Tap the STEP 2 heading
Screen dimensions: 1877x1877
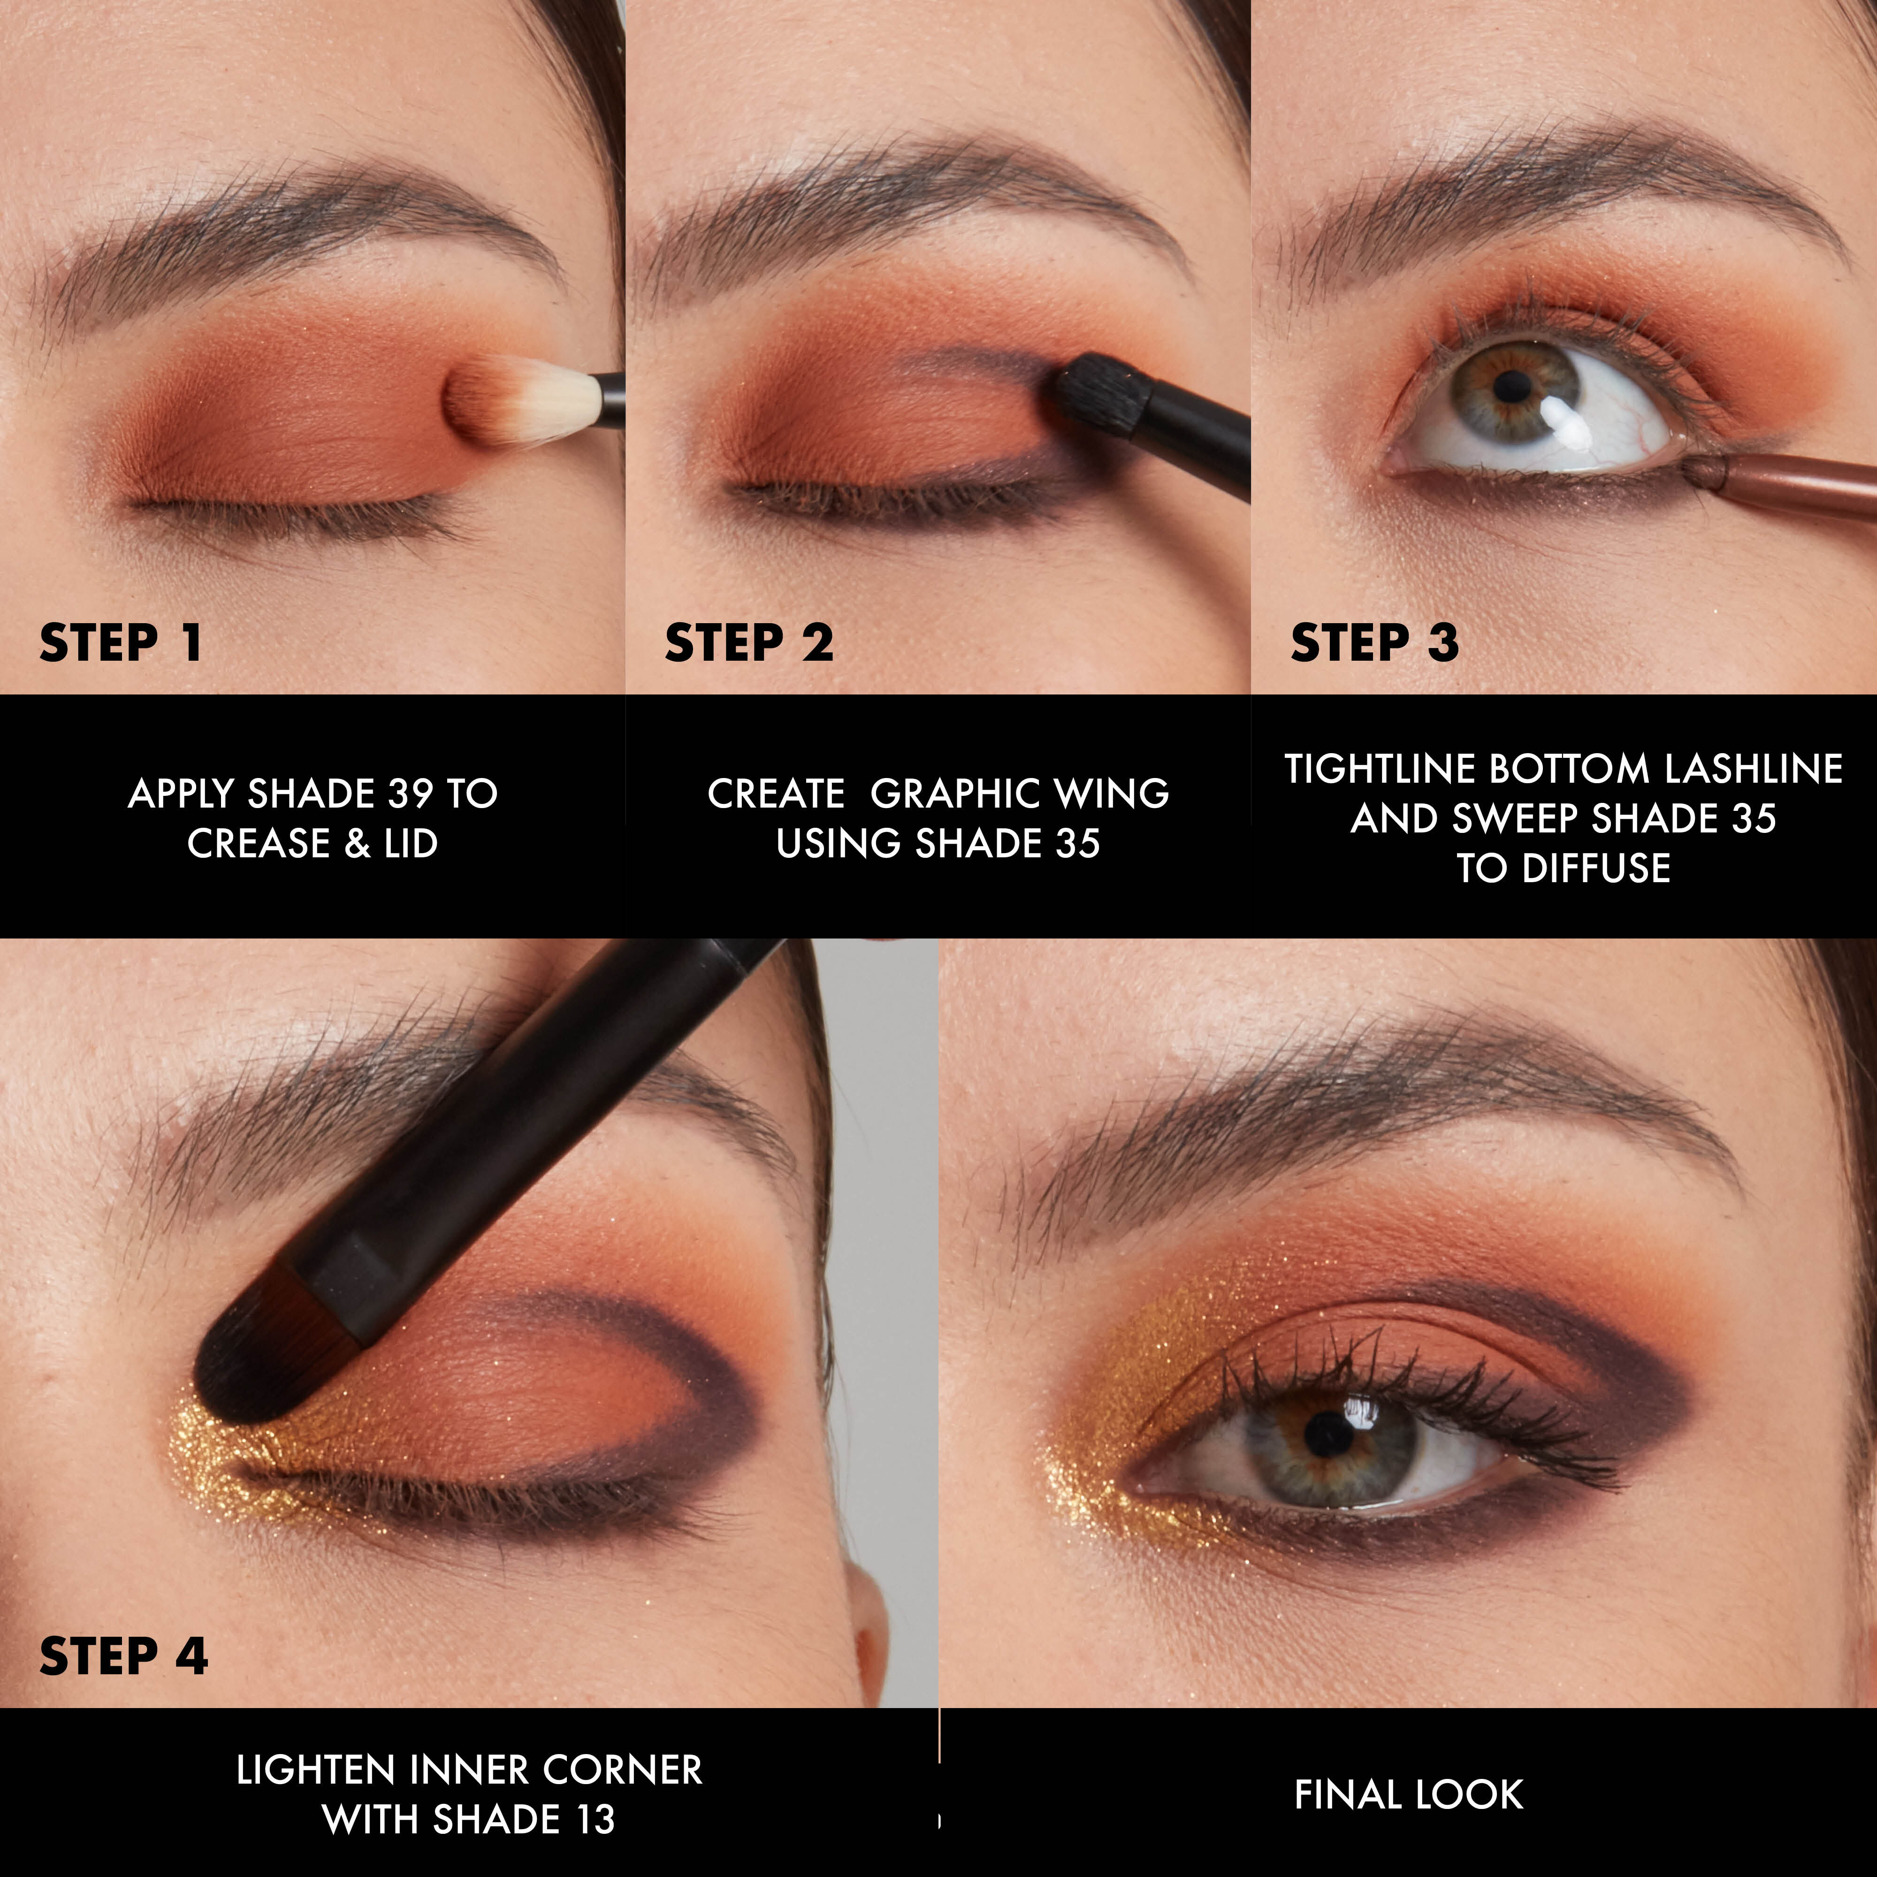coord(748,643)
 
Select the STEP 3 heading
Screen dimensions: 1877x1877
coord(1374,643)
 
